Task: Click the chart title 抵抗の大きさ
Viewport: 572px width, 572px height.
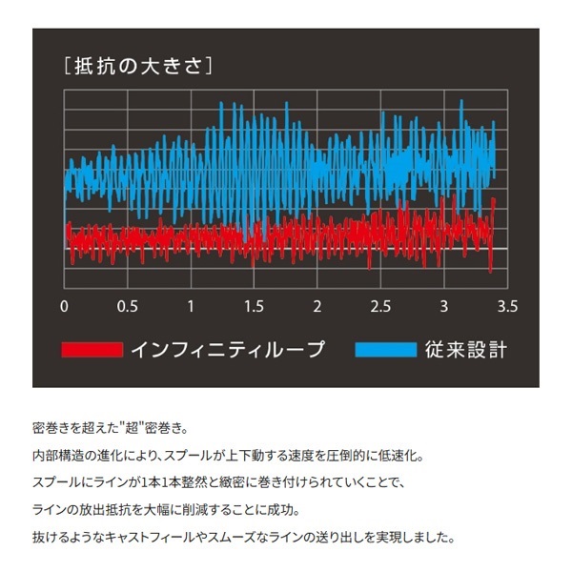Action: click(x=133, y=67)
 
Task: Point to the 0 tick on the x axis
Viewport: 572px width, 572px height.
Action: click(x=65, y=307)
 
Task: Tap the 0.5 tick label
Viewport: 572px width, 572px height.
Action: click(x=127, y=307)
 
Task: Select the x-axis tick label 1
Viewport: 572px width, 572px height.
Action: click(x=191, y=307)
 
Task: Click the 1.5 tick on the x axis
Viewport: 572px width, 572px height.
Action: click(x=254, y=307)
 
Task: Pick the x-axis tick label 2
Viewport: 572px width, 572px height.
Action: click(x=317, y=307)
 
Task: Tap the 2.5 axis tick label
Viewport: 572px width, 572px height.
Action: click(x=380, y=307)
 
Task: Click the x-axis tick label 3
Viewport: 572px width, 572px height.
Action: click(x=443, y=307)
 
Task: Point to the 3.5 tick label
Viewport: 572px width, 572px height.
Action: click(x=506, y=307)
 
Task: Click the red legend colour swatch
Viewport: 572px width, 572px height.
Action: click(x=92, y=350)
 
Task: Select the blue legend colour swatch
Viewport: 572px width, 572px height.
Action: click(x=386, y=350)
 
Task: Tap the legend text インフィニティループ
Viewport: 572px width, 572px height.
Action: click(x=229, y=350)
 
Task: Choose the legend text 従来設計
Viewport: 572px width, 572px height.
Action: click(x=465, y=350)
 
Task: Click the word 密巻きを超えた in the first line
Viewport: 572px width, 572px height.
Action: click(x=71, y=430)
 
